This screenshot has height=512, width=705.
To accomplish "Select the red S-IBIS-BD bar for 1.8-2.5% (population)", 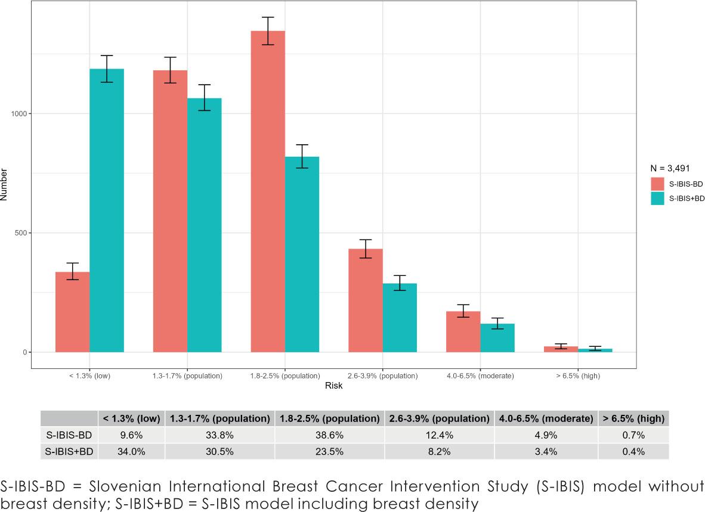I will click(x=268, y=191).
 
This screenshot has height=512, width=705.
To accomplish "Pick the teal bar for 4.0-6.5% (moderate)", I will click(x=497, y=337).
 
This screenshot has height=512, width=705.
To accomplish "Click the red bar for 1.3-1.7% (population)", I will click(x=170, y=211).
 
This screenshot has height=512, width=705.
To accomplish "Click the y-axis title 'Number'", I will click(x=5, y=185).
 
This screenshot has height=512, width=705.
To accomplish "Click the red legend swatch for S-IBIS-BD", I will click(x=658, y=184).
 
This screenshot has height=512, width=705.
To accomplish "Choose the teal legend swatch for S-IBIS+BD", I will click(x=658, y=198).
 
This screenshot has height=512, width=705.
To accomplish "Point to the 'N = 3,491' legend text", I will click(x=670, y=169).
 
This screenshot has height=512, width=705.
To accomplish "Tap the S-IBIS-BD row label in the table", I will click(x=69, y=435).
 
